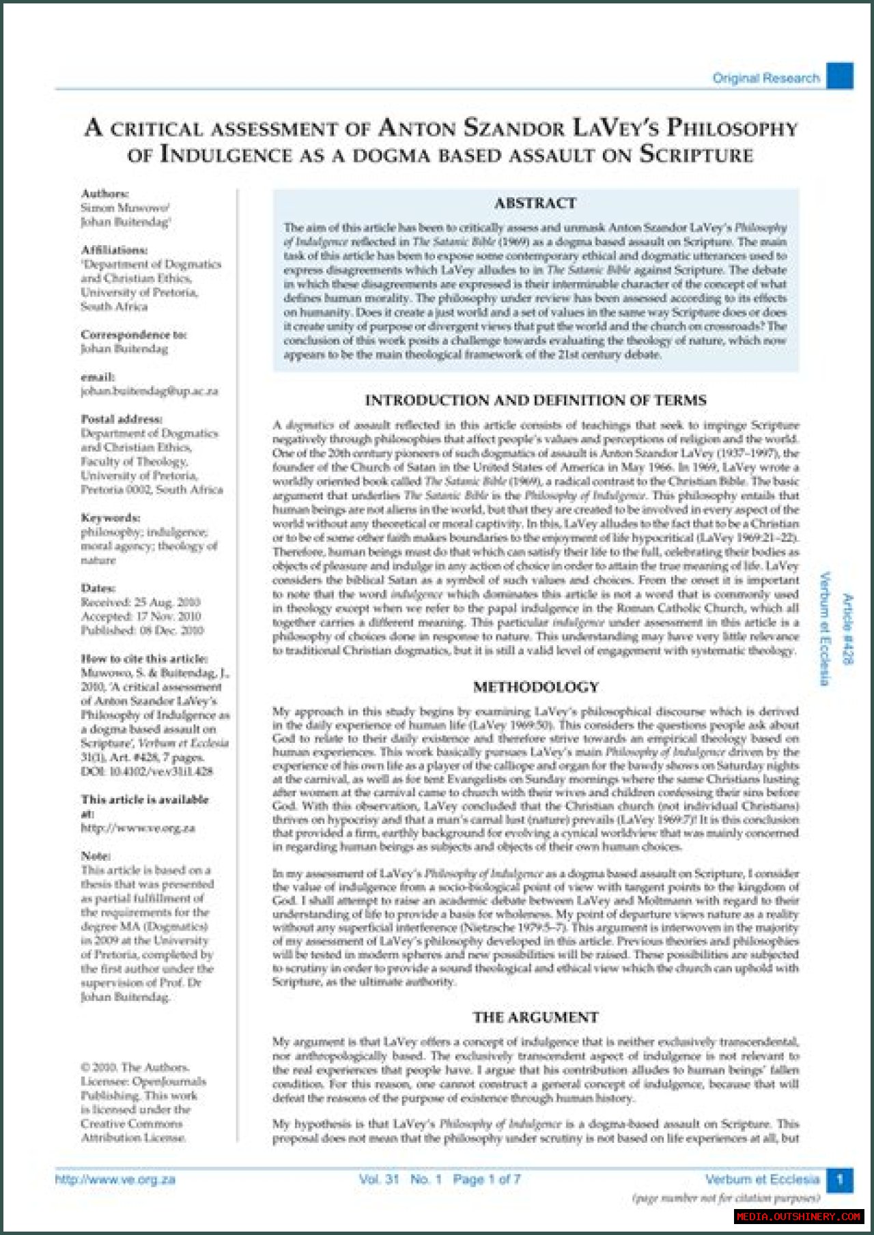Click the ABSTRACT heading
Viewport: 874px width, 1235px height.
tap(535, 203)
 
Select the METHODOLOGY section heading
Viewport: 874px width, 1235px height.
tap(536, 687)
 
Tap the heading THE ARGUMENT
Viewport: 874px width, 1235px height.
tap(536, 1017)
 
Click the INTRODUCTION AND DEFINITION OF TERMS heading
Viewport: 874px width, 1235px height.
tap(536, 401)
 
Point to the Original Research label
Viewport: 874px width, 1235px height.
tap(766, 78)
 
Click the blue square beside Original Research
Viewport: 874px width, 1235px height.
tap(840, 76)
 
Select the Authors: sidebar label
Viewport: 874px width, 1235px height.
tap(104, 193)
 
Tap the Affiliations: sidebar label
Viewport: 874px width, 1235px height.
tap(114, 250)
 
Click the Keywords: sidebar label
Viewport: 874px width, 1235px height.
tap(111, 517)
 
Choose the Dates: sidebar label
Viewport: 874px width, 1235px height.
tap(98, 588)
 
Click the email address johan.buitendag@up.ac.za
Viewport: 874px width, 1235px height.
tap(150, 391)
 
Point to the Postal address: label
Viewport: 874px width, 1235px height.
tap(122, 419)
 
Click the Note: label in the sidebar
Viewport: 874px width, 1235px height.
tap(96, 855)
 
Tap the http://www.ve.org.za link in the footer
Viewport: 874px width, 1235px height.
tap(115, 1179)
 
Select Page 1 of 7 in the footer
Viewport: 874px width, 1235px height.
tap(486, 1179)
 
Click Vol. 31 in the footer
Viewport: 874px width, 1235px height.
tap(378, 1179)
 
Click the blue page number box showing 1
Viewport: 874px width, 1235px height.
tap(840, 1179)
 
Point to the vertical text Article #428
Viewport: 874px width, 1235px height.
tap(847, 629)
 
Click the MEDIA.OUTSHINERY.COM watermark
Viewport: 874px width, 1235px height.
tap(799, 1216)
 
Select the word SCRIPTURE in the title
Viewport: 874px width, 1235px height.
tap(696, 155)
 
